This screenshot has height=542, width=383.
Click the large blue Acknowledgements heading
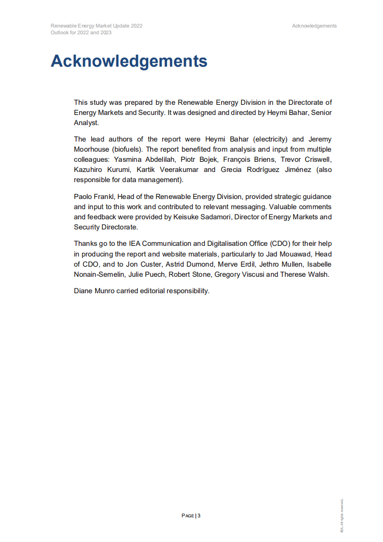[129, 61]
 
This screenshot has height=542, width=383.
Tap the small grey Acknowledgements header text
[314, 26]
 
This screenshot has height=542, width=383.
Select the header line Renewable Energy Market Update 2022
[96, 26]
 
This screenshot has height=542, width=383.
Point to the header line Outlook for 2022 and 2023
[81, 32]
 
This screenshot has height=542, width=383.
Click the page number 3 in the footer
[199, 515]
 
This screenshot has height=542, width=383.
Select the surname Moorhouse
[92, 149]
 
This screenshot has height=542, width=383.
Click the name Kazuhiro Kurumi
[102, 170]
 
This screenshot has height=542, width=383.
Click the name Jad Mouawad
[289, 254]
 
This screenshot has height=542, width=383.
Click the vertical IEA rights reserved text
[341, 515]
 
